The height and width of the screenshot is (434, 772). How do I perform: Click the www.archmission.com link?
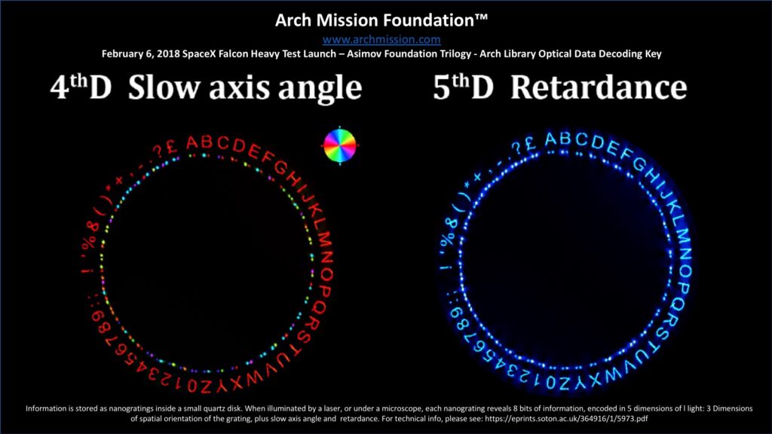pos(381,39)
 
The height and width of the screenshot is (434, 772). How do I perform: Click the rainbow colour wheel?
pos(340,145)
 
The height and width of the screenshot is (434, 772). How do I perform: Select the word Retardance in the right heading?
pos(598,87)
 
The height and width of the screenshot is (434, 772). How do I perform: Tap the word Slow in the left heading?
pos(164,87)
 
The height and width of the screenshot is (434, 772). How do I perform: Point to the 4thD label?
pos(81,87)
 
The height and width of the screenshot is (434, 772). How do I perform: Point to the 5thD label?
pos(463,87)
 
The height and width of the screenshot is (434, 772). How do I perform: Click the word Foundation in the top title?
pos(429,20)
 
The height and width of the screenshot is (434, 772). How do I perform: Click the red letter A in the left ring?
pos(192,143)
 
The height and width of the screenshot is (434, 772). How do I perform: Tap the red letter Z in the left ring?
pos(205,387)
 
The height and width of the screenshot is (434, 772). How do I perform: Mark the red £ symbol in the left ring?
pos(172,147)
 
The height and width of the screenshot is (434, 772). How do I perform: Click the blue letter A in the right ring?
pos(550,140)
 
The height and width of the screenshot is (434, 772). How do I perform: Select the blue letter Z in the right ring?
pos(564,382)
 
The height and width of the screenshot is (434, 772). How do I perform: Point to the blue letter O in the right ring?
pos(685,270)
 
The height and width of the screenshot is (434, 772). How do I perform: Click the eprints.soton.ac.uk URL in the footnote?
pos(566,419)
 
